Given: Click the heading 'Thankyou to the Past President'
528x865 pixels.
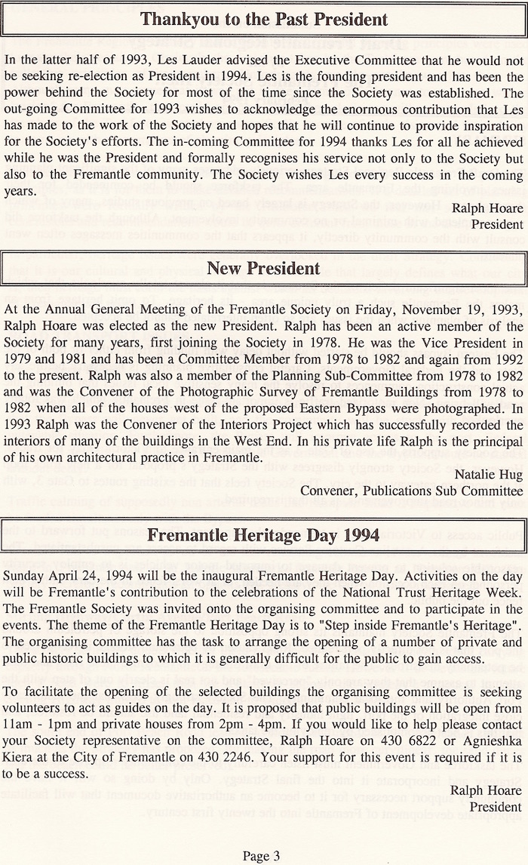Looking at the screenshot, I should click(264, 20).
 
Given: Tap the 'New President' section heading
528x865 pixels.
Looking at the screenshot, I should click(264, 269).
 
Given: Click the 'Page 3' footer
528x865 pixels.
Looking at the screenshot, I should click(262, 855).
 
